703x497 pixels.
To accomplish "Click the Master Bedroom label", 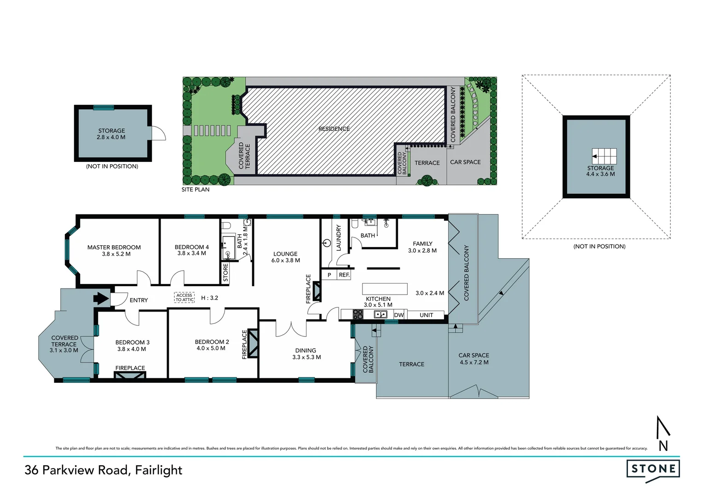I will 114,247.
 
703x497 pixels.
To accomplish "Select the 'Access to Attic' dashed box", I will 184,298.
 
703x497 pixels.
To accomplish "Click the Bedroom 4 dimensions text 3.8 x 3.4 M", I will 191,254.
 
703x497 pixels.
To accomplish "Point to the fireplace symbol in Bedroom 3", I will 130,375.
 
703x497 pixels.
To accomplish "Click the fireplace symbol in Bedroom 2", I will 253,344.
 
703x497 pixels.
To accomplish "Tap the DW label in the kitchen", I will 399,315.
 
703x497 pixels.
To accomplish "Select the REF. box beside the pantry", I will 344,275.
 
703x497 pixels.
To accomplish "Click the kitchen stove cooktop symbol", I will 357,315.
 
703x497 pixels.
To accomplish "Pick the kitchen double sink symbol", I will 380,315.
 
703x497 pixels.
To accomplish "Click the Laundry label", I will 339,237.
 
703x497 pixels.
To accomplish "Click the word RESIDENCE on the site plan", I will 334,129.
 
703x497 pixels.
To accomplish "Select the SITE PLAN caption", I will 196,190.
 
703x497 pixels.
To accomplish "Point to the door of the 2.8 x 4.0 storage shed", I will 159,133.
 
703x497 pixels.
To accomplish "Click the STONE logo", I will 653,469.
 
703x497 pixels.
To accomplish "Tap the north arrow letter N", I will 663,445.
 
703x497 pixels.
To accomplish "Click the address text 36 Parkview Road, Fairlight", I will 104,470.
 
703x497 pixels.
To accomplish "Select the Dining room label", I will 305,350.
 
